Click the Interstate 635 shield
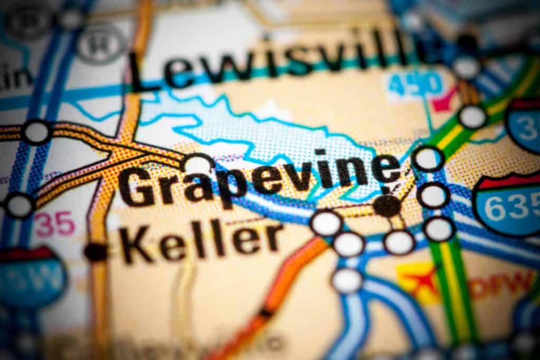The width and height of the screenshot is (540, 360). (x=509, y=206)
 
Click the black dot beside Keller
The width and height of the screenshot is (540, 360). (x=95, y=252)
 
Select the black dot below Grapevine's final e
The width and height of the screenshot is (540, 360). (x=388, y=206)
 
